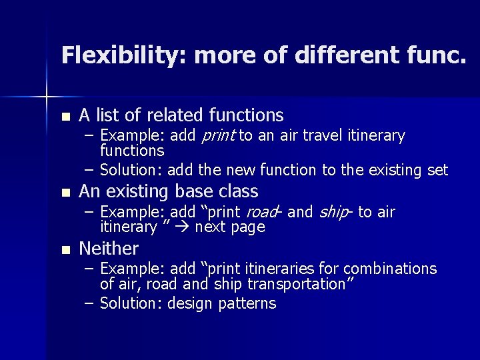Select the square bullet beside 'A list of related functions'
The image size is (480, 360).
[x=65, y=117]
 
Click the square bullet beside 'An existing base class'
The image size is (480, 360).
[x=65, y=193]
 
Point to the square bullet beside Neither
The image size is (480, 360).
[x=65, y=251]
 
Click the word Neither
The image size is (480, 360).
[x=109, y=249]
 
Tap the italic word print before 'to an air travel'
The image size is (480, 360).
[x=217, y=137]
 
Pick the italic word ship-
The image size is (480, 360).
[x=335, y=213]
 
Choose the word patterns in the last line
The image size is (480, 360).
[x=246, y=304]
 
